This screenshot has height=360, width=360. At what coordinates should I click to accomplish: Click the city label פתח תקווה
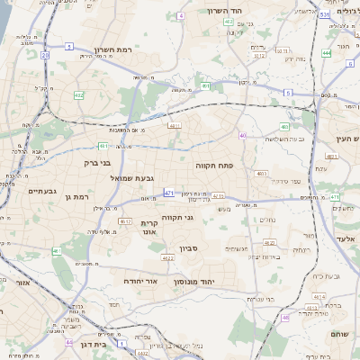tap(214, 166)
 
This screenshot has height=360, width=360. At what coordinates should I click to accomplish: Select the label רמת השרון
tap(112, 51)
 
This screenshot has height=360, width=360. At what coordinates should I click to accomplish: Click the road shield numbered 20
tap(45, 55)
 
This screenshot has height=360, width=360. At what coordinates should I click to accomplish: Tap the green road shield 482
tap(79, 94)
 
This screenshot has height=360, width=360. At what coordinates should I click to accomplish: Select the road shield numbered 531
tap(323, 14)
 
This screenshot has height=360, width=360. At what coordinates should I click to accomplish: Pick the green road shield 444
tap(326, 53)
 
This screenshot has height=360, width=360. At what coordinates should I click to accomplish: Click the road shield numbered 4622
tap(269, 243)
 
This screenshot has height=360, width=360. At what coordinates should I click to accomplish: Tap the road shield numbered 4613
tap(123, 221)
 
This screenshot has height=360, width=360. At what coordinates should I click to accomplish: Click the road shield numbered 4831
tap(175, 126)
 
